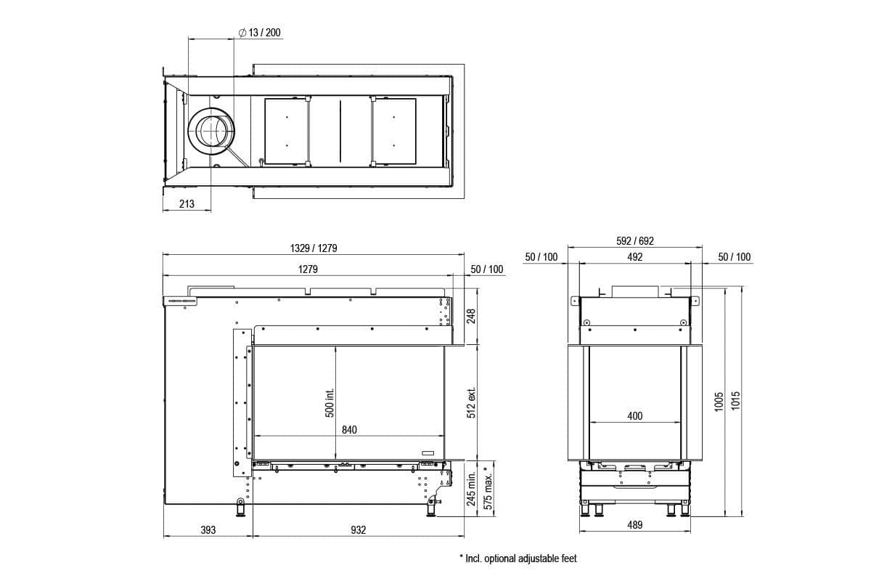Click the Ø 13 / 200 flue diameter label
tap(259, 33)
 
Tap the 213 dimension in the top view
tap(187, 204)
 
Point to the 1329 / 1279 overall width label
tap(314, 248)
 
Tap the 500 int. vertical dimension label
tap(330, 402)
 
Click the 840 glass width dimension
tap(349, 429)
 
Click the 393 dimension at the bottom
tap(208, 530)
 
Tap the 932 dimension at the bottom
tap(359, 530)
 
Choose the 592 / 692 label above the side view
tap(635, 241)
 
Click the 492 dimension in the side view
tap(635, 257)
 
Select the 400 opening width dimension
tap(635, 416)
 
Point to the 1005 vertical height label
tap(719, 402)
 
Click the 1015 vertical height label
tap(735, 402)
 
